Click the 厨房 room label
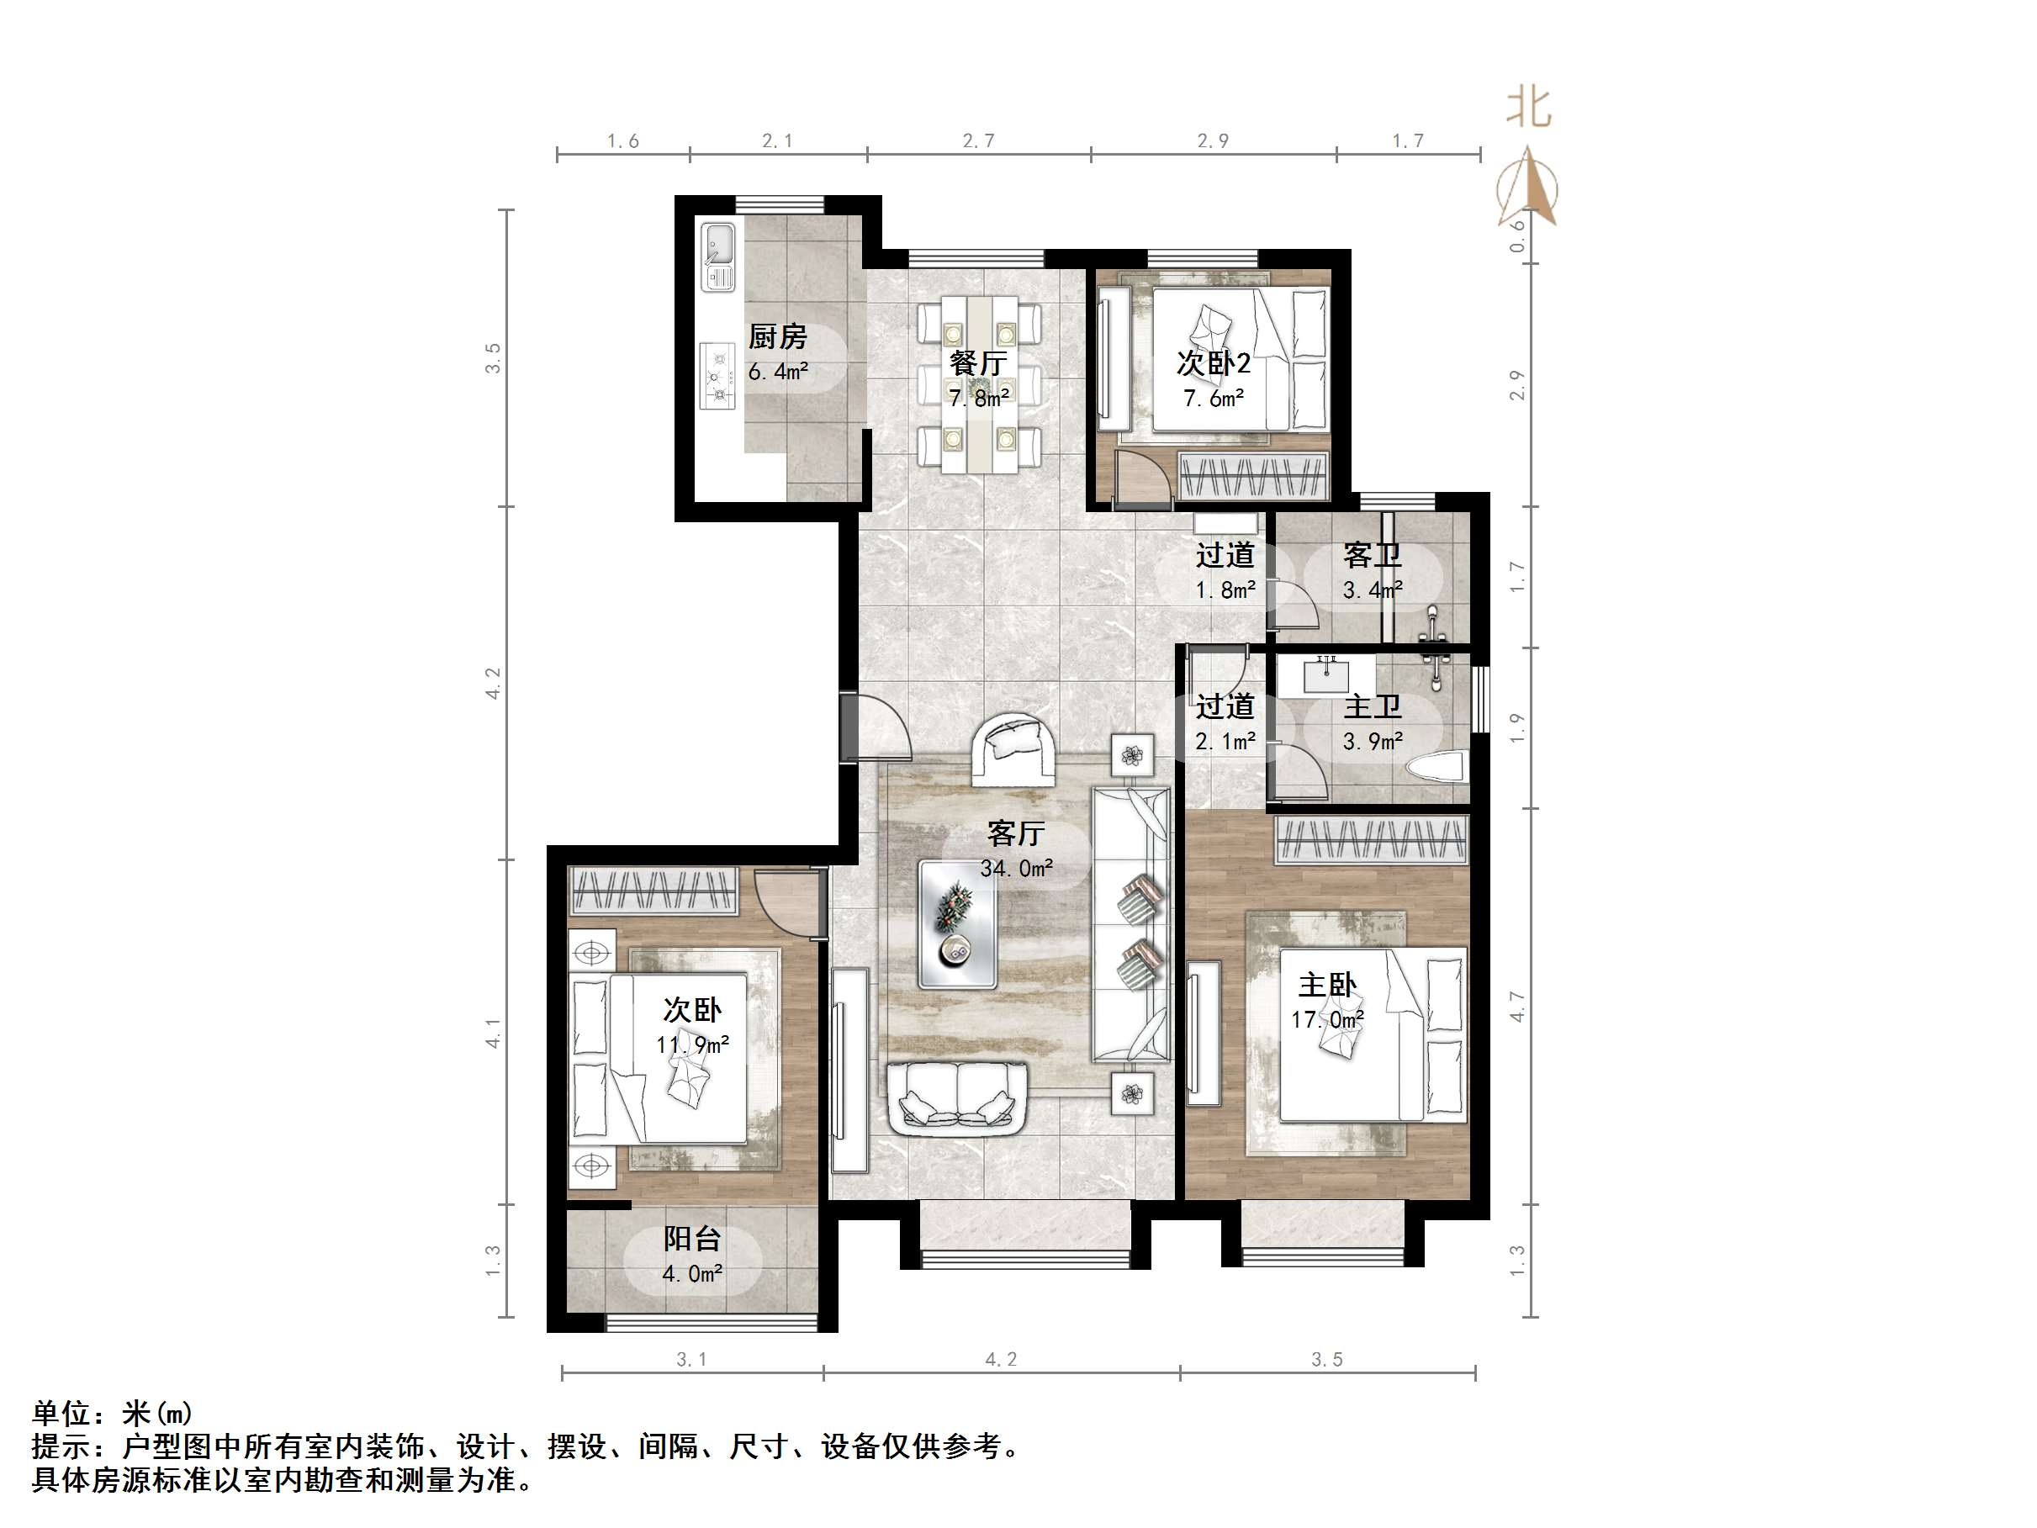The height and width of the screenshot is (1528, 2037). tap(777, 336)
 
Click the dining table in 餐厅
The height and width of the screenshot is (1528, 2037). tap(979, 384)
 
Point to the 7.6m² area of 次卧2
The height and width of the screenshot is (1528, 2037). tap(1214, 399)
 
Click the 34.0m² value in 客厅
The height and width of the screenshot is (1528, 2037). tap(1016, 868)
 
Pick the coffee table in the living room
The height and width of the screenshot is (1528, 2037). tap(958, 924)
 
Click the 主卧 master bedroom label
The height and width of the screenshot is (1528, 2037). tap(1327, 985)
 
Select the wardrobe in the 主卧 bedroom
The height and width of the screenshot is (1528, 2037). tap(1371, 840)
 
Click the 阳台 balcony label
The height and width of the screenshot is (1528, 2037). tap(691, 1239)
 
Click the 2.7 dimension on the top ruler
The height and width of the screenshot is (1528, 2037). tap(978, 141)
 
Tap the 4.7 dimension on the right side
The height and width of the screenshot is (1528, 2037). tap(1516, 1007)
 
